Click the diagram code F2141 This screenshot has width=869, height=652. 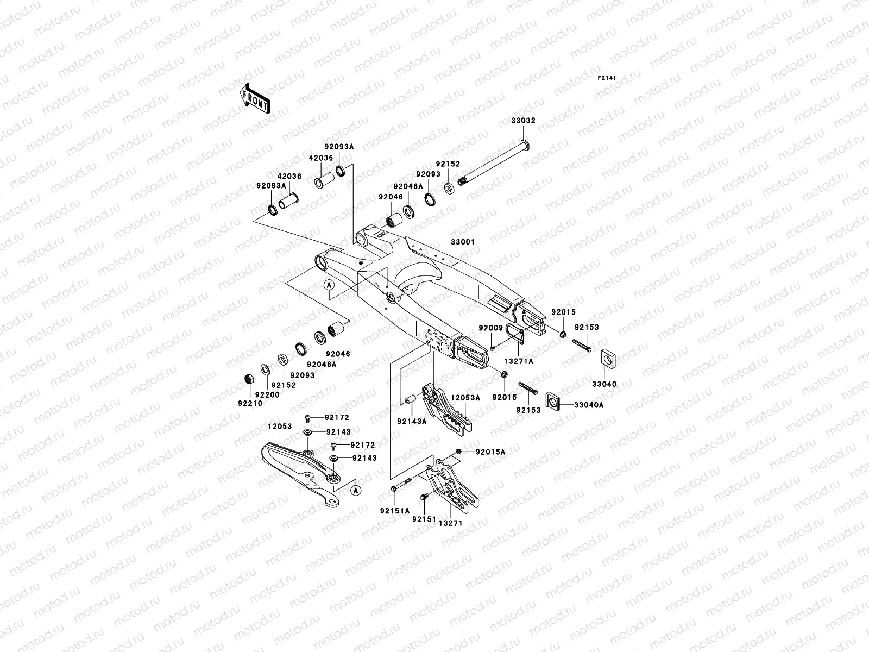607,78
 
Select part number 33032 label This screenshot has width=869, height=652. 522,121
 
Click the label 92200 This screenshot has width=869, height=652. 267,395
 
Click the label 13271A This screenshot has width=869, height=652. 519,361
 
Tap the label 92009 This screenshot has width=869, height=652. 490,328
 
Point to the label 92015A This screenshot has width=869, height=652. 490,452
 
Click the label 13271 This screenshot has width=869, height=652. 451,523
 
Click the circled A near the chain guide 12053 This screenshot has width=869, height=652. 356,490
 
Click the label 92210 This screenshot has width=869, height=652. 250,404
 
